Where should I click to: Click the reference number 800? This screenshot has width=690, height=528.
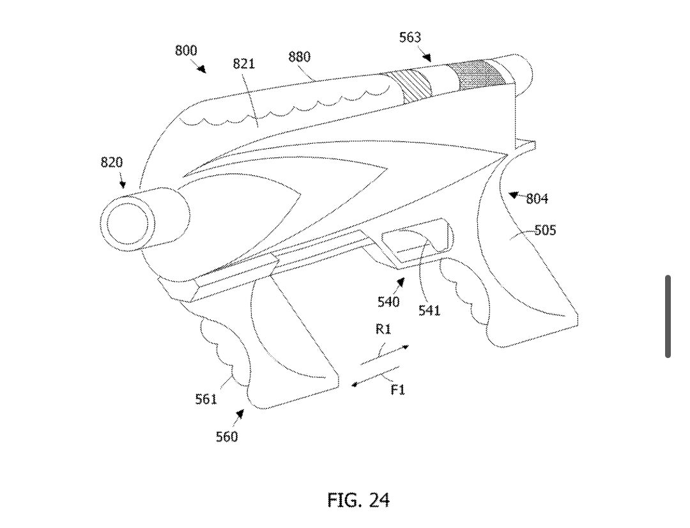(186, 50)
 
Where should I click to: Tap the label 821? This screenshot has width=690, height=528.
(243, 63)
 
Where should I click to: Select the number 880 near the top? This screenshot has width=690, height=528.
(299, 57)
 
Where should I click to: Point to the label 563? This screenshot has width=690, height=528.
(410, 37)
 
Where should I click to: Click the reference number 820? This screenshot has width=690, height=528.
(111, 162)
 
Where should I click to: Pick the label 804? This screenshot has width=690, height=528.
(537, 199)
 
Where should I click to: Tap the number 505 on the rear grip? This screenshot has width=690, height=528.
(545, 230)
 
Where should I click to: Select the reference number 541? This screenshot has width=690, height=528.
(429, 311)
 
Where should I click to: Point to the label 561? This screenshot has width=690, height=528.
(206, 400)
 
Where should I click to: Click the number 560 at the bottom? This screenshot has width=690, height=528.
(227, 437)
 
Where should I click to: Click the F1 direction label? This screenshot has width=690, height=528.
(397, 389)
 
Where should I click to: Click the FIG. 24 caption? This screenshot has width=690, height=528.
(358, 499)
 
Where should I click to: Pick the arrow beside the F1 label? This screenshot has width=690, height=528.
(376, 376)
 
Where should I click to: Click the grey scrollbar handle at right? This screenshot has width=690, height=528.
(668, 316)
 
